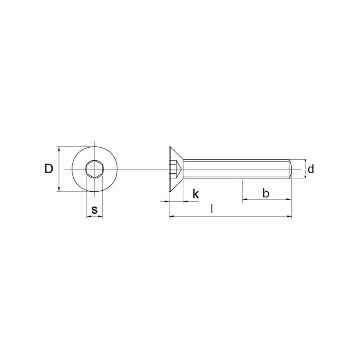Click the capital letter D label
click(x=49, y=169)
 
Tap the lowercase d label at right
click(x=310, y=169)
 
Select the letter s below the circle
click(x=94, y=210)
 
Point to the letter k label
click(x=196, y=194)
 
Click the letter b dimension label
click(x=265, y=193)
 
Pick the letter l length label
click(x=211, y=209)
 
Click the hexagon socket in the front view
click(x=94, y=169)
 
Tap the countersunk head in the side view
click(x=176, y=169)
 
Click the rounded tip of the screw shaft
click(x=290, y=169)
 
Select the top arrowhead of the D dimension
click(x=59, y=149)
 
